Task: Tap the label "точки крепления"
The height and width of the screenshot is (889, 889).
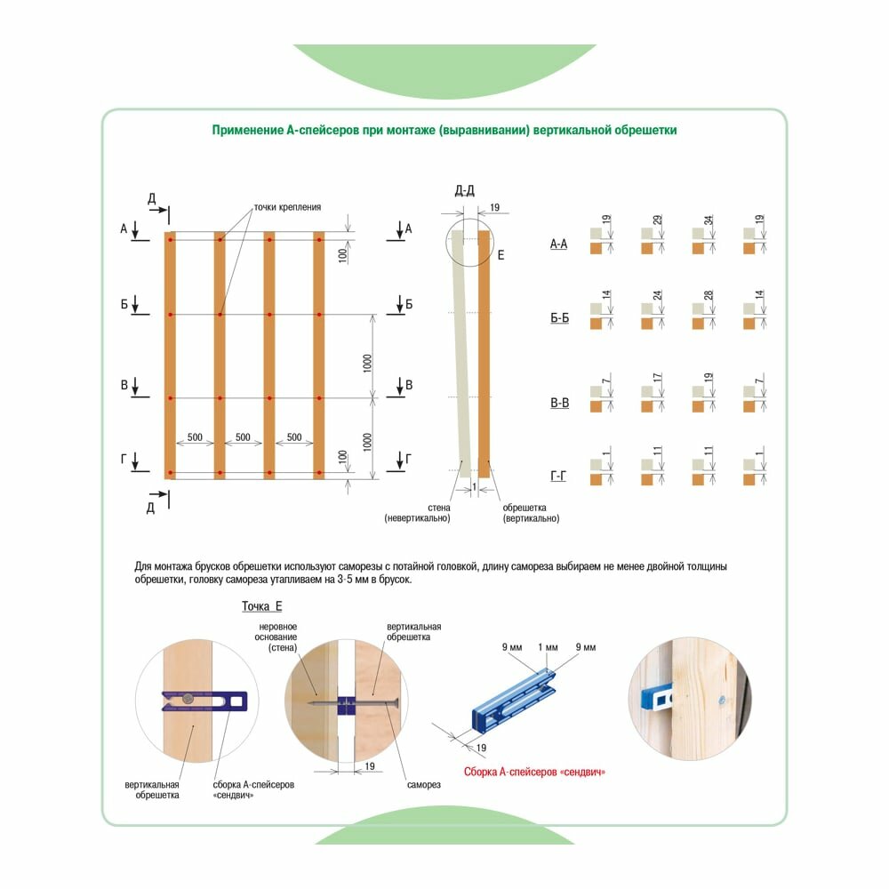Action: click(x=287, y=207)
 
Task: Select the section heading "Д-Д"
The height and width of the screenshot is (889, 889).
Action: click(x=465, y=190)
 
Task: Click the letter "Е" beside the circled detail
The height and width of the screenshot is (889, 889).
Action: click(x=501, y=255)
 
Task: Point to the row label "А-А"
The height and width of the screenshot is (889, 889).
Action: click(x=558, y=244)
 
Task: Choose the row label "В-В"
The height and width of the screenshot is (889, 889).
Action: click(x=559, y=403)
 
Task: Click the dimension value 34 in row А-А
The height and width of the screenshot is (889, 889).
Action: click(x=709, y=220)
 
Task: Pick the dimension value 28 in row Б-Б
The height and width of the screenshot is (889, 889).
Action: click(x=709, y=295)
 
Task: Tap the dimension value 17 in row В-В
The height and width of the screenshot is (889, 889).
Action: click(x=657, y=377)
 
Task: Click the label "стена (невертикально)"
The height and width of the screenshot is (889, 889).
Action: click(x=418, y=513)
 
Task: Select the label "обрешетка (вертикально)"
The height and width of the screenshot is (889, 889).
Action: click(x=531, y=513)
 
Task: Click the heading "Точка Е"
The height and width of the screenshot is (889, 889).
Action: click(x=262, y=606)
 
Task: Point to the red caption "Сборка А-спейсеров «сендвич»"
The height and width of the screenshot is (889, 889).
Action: click(x=534, y=773)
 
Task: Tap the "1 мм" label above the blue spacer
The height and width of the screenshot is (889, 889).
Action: click(x=548, y=647)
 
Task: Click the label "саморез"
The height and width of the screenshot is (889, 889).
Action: click(x=423, y=785)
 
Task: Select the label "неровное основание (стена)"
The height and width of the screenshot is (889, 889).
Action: click(x=276, y=637)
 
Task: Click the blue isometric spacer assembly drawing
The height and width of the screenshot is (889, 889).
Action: click(x=514, y=699)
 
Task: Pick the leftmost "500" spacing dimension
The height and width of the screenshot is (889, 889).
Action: click(x=195, y=437)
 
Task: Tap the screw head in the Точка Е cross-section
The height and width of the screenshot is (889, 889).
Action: click(x=396, y=704)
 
